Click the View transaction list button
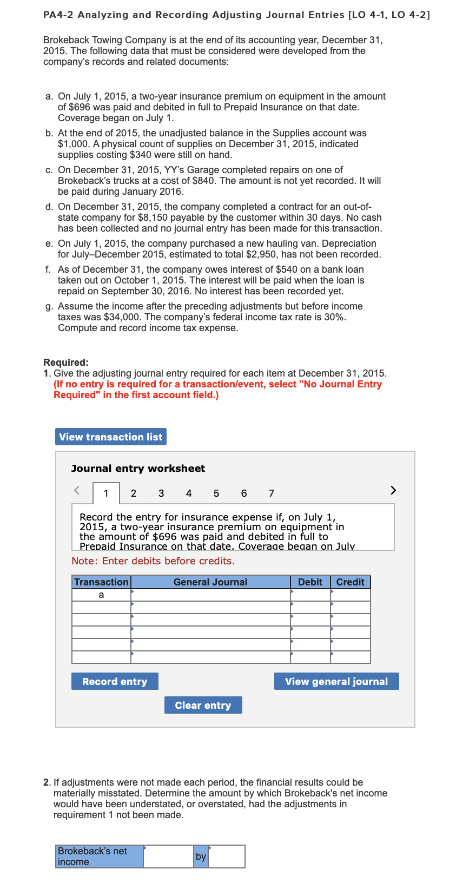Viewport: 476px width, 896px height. click(x=110, y=437)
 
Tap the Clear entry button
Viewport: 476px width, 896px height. click(x=203, y=705)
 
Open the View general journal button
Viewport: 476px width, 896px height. click(x=336, y=681)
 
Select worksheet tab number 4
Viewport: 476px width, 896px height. click(x=189, y=493)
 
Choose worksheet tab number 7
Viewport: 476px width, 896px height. click(x=272, y=493)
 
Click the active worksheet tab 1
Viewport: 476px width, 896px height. click(x=106, y=493)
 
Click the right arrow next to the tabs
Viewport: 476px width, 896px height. click(x=393, y=490)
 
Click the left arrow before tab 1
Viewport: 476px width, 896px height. click(x=77, y=490)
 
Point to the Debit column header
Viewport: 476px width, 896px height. click(x=310, y=582)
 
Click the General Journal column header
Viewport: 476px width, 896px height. click(x=210, y=582)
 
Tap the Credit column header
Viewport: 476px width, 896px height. click(x=350, y=582)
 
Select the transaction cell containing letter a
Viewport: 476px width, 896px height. click(x=101, y=595)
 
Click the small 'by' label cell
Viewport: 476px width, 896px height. click(x=201, y=857)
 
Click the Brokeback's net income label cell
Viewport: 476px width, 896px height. click(x=99, y=857)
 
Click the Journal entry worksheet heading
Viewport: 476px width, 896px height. click(x=138, y=469)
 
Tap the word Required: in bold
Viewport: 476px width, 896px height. click(x=66, y=363)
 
